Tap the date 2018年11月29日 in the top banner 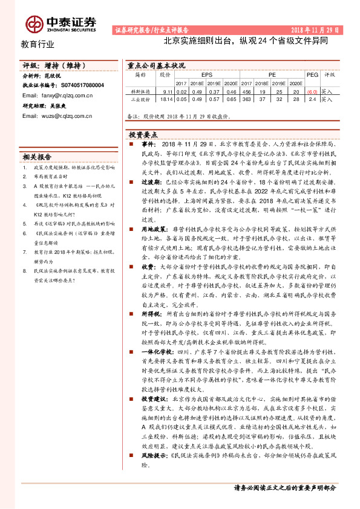[x=316, y=30]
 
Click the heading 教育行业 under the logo [x=38, y=44]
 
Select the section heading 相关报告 [x=37, y=155]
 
